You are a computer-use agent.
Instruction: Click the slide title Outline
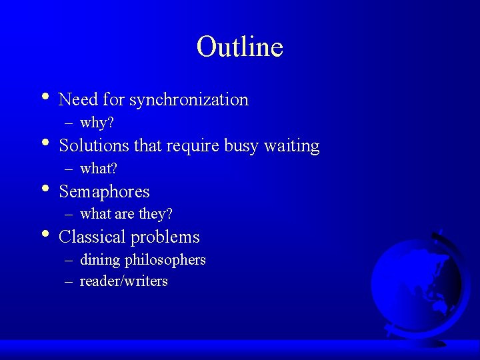(240, 47)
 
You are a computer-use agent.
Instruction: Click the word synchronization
(189, 100)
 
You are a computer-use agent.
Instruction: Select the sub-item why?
(97, 123)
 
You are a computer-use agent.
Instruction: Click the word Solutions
(94, 145)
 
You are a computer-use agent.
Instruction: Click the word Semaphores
(104, 192)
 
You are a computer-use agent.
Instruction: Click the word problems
(165, 237)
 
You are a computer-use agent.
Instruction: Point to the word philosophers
(166, 260)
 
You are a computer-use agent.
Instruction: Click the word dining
(99, 260)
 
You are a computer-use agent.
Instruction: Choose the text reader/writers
(123, 281)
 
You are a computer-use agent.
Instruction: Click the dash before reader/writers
(69, 281)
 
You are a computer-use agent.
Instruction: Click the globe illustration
(415, 287)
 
